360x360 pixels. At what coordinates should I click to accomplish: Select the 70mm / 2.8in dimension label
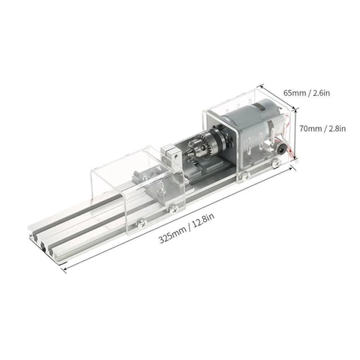(x=321, y=129)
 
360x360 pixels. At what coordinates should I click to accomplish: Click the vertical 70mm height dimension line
(x=293, y=128)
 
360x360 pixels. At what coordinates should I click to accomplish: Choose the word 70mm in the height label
(x=308, y=129)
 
